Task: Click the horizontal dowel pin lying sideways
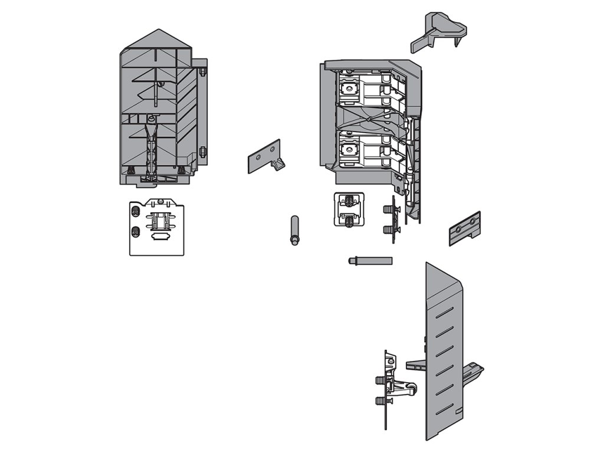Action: (x=370, y=259)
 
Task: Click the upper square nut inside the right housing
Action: (x=350, y=90)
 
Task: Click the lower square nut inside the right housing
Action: (x=350, y=150)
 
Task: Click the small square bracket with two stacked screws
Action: (x=349, y=209)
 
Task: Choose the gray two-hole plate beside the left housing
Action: (x=264, y=156)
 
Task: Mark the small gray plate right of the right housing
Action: (x=465, y=228)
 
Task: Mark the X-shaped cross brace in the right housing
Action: (x=371, y=118)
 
